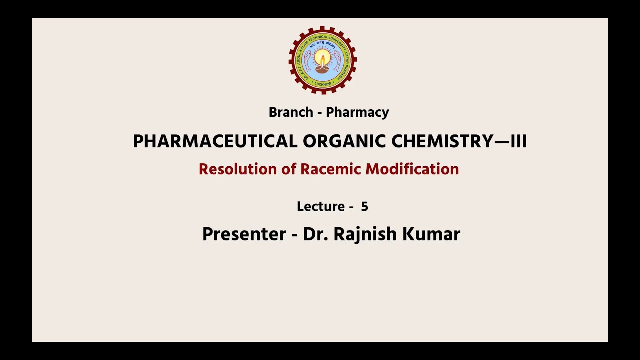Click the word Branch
tap(291, 112)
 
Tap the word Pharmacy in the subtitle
tap(357, 113)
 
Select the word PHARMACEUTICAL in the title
tap(215, 142)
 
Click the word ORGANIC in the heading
tap(345, 142)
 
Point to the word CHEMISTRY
tap(443, 142)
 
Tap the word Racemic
tap(331, 169)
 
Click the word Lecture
tap(321, 207)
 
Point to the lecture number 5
tap(364, 207)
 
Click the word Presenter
tap(244, 234)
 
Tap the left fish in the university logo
tap(307, 61)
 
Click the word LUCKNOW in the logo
tap(323, 84)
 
